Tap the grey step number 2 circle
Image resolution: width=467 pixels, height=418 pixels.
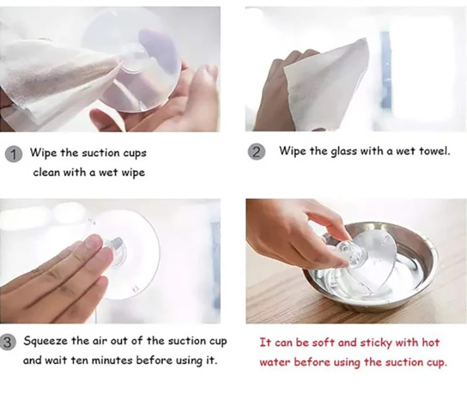257,152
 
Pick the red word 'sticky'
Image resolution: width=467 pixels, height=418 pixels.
376,343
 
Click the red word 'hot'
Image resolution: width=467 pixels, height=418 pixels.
431,343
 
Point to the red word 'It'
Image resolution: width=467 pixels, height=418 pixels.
265,343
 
